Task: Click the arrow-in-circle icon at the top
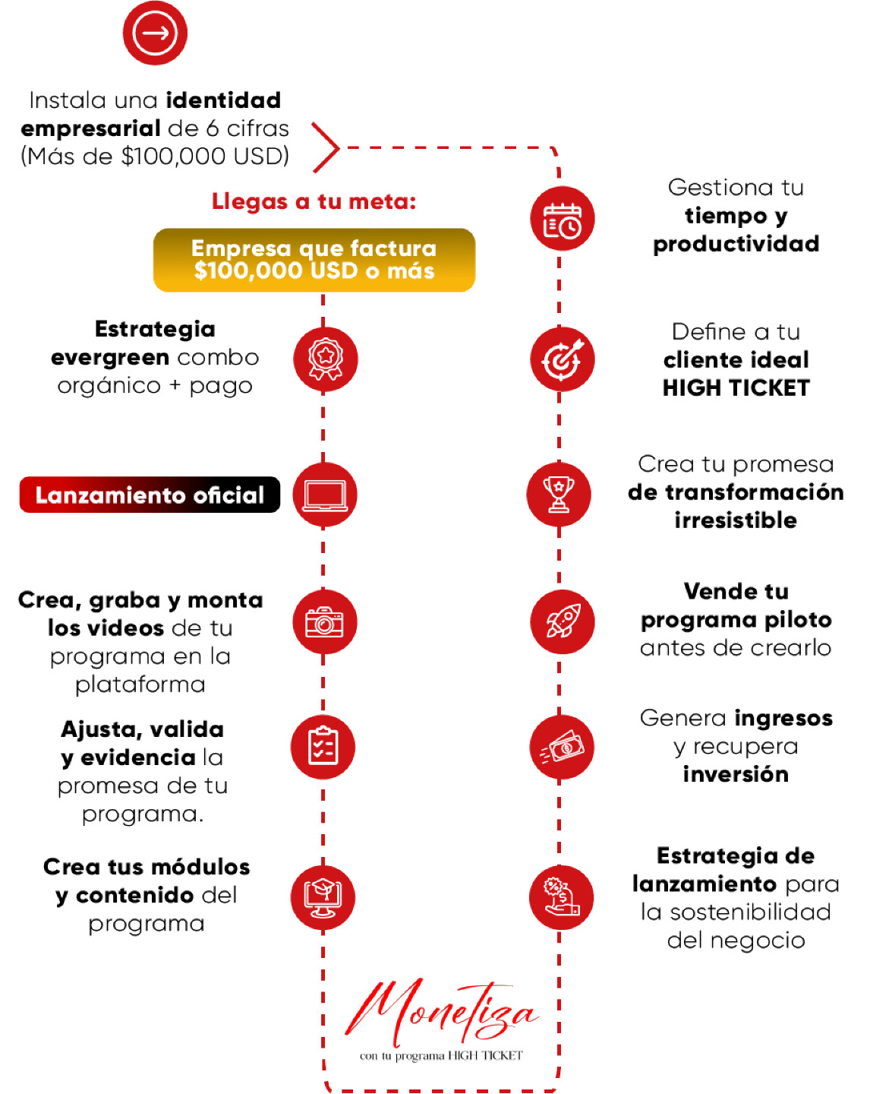tap(155, 33)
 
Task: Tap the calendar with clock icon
tap(562, 219)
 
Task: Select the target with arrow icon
tap(562, 360)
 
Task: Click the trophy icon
tap(559, 495)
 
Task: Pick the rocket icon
tap(562, 621)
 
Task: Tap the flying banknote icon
tap(562, 748)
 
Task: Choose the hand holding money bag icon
tap(562, 897)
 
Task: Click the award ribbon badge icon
tap(326, 359)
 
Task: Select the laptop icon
tap(325, 495)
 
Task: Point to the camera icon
tap(325, 621)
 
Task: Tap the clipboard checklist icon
tap(323, 747)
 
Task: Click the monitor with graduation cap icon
tap(323, 897)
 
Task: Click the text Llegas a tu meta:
tap(314, 201)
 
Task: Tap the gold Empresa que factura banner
tap(314, 260)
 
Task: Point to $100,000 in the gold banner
tap(248, 271)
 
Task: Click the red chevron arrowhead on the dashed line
tap(326, 147)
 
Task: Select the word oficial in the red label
tap(229, 495)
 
